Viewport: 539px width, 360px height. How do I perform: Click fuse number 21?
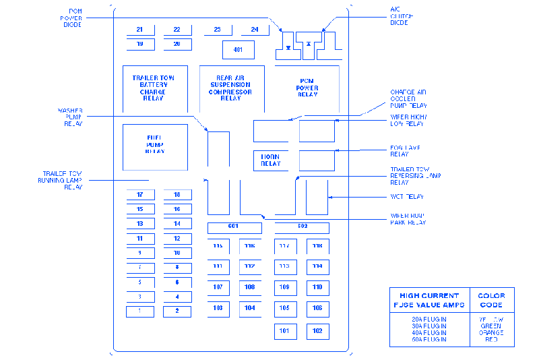(140, 30)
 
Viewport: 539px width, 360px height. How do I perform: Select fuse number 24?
(255, 30)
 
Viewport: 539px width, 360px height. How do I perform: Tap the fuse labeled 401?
(239, 50)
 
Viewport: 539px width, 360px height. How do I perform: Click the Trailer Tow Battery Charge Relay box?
(154, 88)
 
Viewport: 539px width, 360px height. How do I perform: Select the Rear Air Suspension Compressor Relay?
(231, 88)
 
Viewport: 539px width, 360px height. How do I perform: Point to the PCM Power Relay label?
(307, 88)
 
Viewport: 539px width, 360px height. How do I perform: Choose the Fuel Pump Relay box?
(155, 145)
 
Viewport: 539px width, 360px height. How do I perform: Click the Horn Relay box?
(271, 160)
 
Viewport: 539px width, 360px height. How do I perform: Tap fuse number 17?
(140, 195)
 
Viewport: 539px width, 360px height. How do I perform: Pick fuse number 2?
(177, 311)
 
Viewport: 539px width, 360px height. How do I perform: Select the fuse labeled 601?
(234, 227)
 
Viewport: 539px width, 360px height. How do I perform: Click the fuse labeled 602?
(302, 227)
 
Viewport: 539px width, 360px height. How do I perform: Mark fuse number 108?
(250, 287)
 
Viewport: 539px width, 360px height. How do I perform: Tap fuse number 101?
(285, 331)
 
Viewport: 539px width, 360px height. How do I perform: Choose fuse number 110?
(318, 287)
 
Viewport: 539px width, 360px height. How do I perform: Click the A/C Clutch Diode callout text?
(402, 17)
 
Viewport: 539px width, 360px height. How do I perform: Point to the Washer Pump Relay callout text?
(69, 117)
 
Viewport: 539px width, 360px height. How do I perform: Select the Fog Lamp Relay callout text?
(406, 150)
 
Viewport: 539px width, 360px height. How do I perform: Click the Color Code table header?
(491, 300)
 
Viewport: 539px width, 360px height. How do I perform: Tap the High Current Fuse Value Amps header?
(429, 300)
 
